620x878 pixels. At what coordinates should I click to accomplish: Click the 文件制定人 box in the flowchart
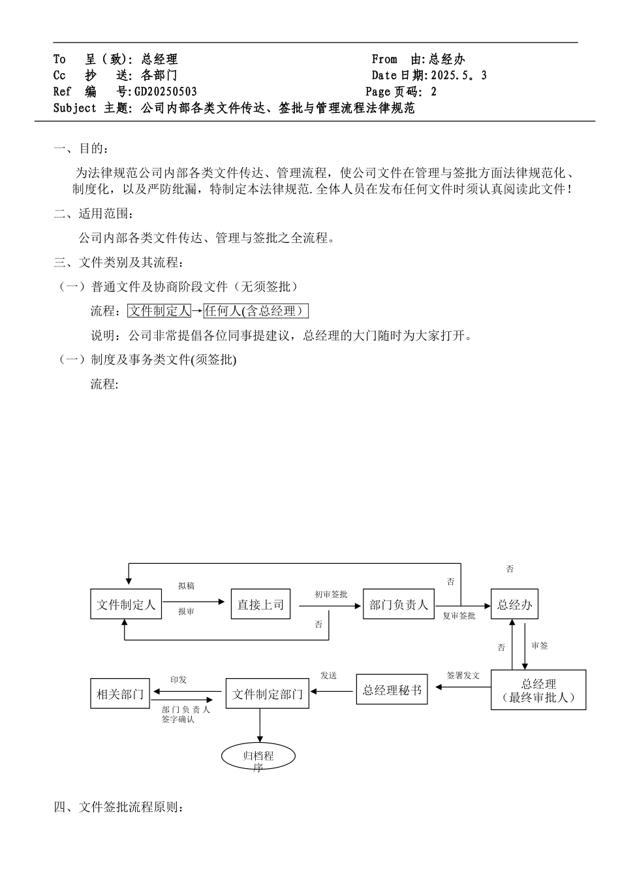coord(126,605)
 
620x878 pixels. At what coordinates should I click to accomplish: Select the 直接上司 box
coord(260,605)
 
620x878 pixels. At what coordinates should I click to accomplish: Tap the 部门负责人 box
coord(399,605)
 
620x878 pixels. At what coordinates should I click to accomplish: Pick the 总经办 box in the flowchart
coord(515,605)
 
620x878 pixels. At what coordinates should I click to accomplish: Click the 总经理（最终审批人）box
coord(538,690)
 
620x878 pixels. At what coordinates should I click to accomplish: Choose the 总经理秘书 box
coord(392,690)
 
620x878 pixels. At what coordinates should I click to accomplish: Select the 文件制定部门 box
coord(268,694)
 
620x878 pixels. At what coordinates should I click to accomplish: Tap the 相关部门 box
coord(120,694)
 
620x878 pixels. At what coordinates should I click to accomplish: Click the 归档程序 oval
coord(258,757)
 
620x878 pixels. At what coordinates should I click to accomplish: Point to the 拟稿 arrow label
coord(187,586)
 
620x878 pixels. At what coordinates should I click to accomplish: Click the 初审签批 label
coord(331,594)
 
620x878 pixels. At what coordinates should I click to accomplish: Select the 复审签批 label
coord(459,615)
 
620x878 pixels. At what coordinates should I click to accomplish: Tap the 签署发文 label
coord(463,675)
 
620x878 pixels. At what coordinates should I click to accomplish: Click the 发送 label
coord(328,675)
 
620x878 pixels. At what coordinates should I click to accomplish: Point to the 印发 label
coord(178,680)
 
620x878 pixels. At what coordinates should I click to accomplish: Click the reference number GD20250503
coord(166,92)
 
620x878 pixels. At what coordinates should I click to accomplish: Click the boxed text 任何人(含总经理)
coord(256,311)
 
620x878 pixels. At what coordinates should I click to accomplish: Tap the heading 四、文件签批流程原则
coord(118,808)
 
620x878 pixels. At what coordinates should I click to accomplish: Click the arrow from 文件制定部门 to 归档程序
coord(260,724)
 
